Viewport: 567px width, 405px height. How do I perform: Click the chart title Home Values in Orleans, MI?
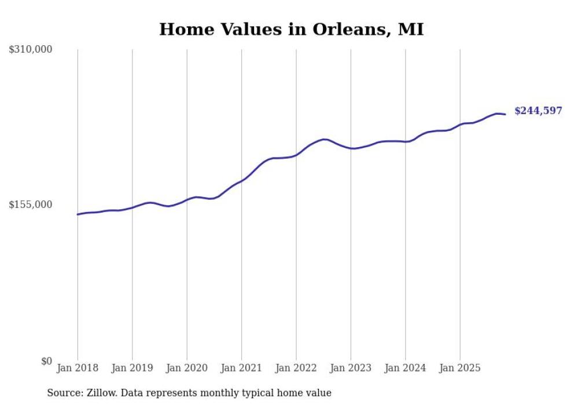[291, 29]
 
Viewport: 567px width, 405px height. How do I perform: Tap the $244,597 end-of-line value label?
[537, 111]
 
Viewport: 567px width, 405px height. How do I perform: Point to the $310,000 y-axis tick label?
[31, 50]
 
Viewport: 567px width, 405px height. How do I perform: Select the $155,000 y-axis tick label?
[31, 205]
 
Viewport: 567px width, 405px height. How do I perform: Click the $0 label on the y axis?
[46, 361]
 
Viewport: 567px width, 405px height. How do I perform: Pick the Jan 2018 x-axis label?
[78, 368]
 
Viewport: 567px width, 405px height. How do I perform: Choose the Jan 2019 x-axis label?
[132, 368]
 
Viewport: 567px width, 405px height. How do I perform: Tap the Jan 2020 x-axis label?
[187, 368]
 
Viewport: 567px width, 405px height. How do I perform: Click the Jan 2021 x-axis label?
[242, 368]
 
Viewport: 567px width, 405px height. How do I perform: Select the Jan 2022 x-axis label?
[296, 368]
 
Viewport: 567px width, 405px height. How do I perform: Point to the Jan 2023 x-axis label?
[351, 368]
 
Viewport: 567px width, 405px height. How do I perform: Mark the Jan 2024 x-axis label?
[406, 368]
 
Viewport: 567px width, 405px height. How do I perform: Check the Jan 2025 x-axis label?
[460, 368]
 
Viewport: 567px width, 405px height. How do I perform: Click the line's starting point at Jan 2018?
[78, 214]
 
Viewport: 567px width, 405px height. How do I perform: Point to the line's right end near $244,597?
[505, 114]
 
